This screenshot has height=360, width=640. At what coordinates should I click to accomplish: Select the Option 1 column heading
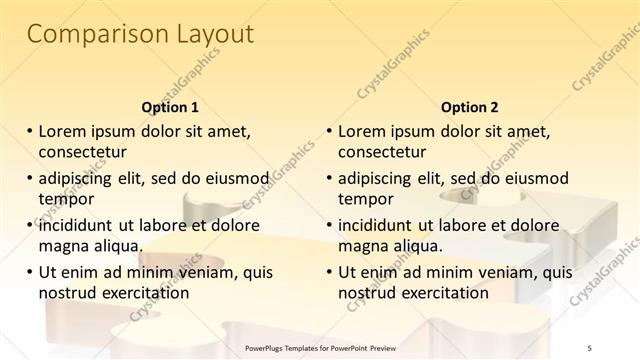pyautogui.click(x=170, y=107)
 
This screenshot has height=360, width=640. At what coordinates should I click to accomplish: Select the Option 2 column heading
pyautogui.click(x=470, y=107)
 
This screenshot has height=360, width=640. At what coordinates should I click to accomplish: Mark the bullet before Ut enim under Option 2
pyautogui.click(x=330, y=272)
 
